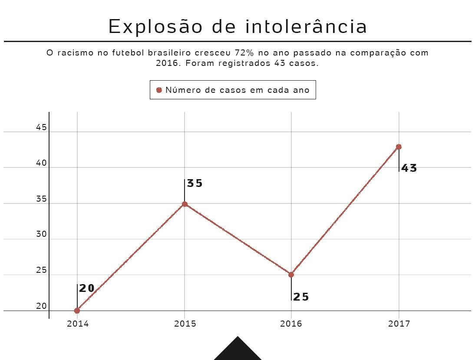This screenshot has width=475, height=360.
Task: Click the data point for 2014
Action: (77, 311)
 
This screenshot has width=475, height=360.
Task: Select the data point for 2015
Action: (185, 204)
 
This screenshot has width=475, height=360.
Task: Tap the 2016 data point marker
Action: (291, 275)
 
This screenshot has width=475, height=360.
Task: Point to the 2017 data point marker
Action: (399, 147)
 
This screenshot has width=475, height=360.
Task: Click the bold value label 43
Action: (409, 168)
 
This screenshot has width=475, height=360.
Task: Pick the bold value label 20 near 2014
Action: (87, 288)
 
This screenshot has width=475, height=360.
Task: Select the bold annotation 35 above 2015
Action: (195, 183)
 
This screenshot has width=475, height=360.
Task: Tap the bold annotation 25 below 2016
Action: (301, 297)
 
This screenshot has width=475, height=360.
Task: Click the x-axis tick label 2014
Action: (78, 324)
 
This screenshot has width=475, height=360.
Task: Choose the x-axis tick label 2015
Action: (185, 324)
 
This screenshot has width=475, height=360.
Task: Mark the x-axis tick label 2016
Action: (291, 324)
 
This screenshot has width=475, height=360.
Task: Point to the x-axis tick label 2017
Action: (399, 324)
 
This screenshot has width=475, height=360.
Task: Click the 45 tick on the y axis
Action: (41, 128)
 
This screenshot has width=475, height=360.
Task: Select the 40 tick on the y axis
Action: (41, 164)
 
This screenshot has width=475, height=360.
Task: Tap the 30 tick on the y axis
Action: (41, 234)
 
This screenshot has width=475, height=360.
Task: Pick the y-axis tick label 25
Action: (41, 270)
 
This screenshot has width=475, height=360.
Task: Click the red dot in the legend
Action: (159, 90)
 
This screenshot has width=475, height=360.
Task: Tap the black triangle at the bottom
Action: (237, 350)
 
